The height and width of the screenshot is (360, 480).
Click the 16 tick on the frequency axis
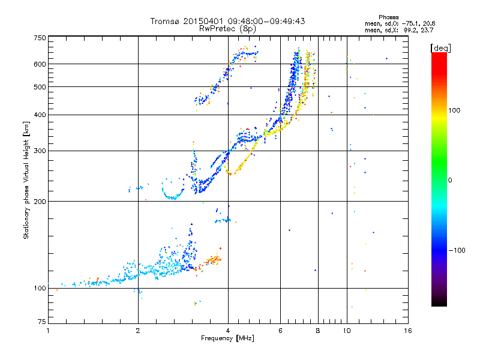coord(407,331)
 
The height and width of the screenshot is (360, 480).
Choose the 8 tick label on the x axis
coord(318,331)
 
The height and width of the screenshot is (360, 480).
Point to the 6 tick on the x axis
coord(281,331)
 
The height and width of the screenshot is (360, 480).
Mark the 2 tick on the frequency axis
coord(138,331)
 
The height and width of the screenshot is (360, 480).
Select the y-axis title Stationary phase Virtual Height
coord(26,180)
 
